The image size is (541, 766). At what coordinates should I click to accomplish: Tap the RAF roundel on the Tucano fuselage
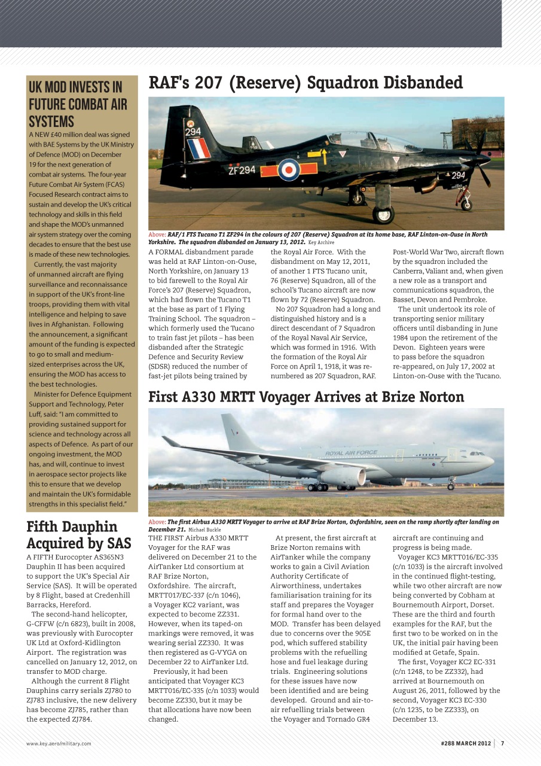(x=289, y=170)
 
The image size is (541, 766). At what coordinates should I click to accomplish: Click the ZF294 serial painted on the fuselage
(x=242, y=170)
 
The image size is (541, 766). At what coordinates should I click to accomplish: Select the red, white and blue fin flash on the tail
(x=198, y=148)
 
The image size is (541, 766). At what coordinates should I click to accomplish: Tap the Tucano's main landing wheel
(x=383, y=214)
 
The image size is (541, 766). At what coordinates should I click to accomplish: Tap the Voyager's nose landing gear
(x=450, y=485)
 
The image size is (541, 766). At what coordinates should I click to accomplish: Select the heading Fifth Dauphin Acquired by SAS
(x=79, y=535)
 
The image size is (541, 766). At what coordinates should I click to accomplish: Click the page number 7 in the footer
(x=503, y=743)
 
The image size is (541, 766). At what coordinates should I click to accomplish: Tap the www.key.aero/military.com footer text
(x=59, y=743)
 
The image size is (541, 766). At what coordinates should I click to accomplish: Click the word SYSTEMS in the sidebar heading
(x=52, y=121)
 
